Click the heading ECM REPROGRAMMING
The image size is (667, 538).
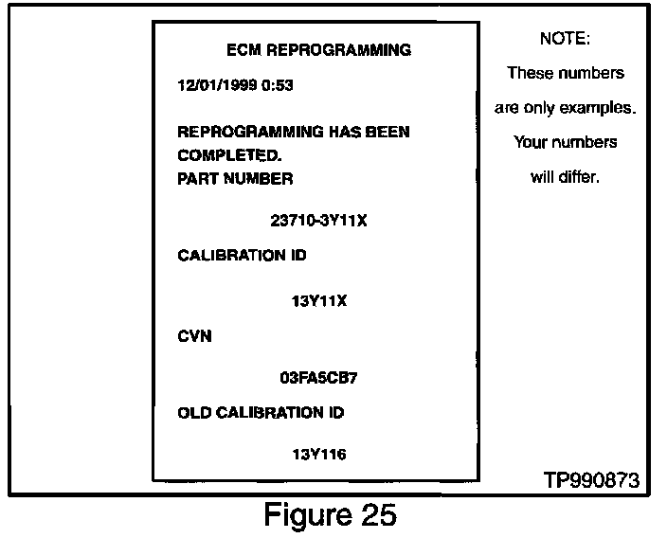click(x=319, y=49)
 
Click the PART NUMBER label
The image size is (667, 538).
click(x=235, y=178)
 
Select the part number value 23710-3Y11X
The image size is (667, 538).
click(x=318, y=222)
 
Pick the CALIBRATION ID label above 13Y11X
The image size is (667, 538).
click(x=242, y=256)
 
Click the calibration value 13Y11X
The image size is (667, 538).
click(x=318, y=302)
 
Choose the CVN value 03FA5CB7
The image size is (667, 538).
click(x=318, y=377)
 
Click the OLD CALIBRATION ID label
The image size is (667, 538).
click(x=261, y=413)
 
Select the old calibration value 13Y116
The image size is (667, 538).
click(x=318, y=455)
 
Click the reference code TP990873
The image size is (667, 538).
click(x=591, y=480)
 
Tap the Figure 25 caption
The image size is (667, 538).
click(x=329, y=515)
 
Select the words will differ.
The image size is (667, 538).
click(x=565, y=177)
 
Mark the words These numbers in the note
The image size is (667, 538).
click(x=565, y=73)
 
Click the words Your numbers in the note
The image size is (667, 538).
click(x=565, y=143)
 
